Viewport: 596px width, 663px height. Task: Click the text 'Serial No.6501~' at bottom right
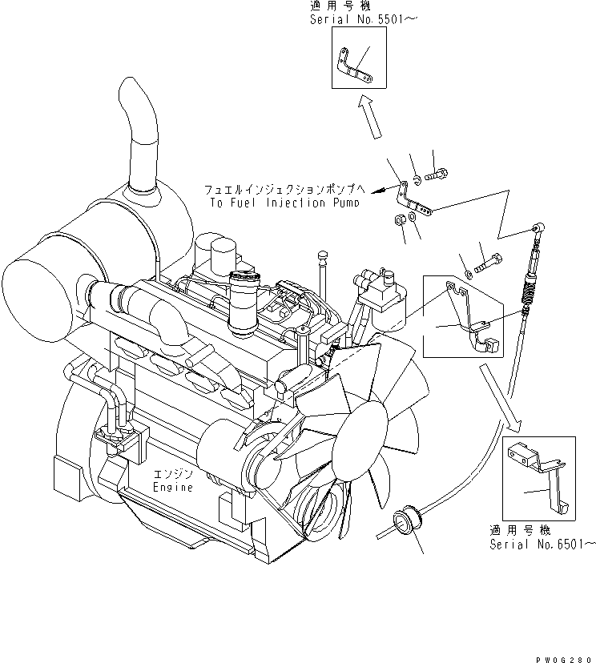(543, 544)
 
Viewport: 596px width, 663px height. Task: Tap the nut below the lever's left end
(398, 220)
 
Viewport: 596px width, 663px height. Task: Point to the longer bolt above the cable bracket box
(490, 262)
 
